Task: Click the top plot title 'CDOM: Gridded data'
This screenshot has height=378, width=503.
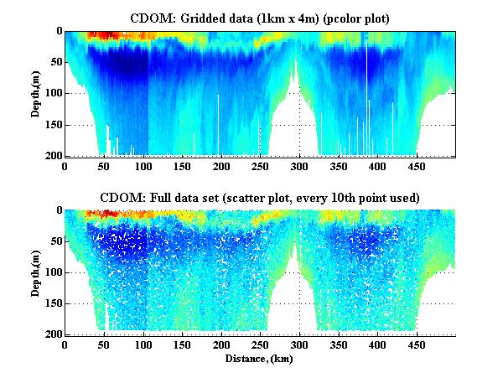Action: click(x=192, y=18)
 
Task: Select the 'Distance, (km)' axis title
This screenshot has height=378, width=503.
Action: click(x=260, y=359)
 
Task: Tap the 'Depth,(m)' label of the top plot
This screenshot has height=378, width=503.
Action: click(x=37, y=93)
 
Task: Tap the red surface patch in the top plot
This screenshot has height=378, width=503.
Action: click(x=105, y=35)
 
